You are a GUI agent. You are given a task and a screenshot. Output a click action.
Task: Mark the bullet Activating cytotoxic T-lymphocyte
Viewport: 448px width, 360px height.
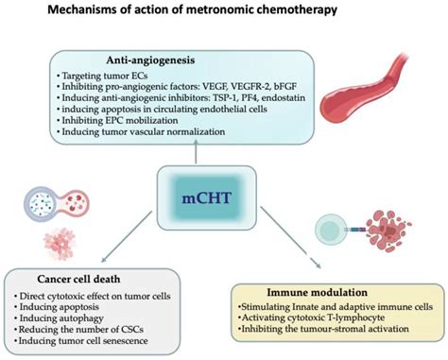pyautogui.click(x=306, y=319)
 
